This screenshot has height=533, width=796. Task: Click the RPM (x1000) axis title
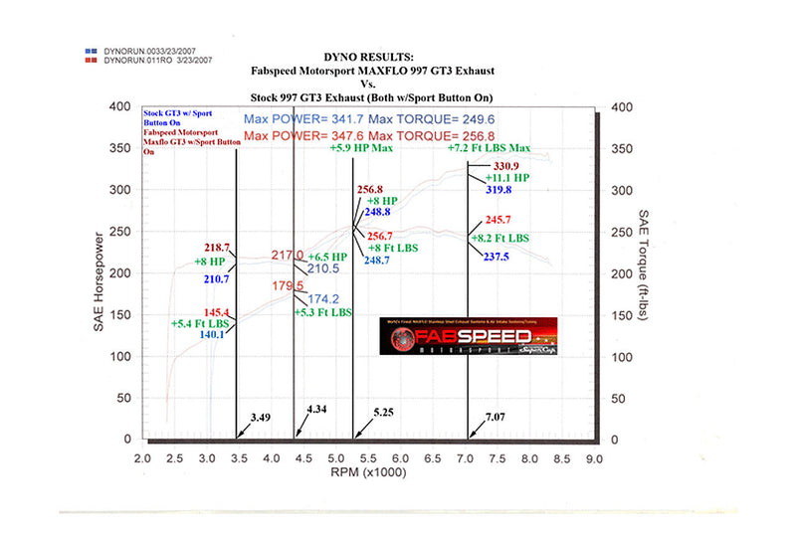pos(365,473)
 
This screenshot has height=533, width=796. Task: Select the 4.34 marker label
pos(318,409)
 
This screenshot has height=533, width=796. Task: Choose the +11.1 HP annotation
pos(506,177)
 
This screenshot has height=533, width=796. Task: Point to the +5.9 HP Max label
pos(362,148)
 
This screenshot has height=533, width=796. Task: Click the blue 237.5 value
pos(496,256)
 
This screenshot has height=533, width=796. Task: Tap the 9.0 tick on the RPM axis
pos(593,459)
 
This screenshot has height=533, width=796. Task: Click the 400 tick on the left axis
pos(117,106)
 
